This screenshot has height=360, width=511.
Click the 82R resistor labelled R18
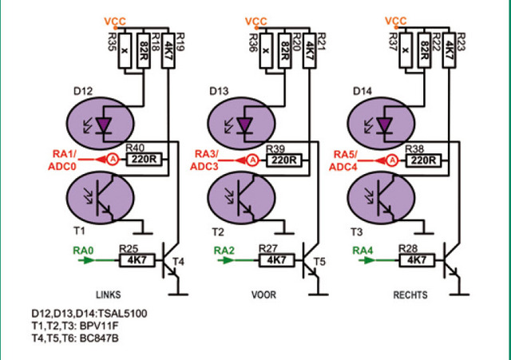point(144,50)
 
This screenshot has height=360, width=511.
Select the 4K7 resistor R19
point(168,50)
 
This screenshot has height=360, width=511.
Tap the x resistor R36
point(266,50)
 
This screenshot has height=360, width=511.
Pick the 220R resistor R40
point(144,160)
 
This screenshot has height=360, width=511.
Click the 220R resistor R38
point(424,160)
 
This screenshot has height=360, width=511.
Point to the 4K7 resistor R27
point(277,261)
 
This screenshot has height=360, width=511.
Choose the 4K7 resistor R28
point(417,261)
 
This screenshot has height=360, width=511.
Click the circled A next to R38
point(394,160)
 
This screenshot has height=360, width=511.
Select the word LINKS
point(109,295)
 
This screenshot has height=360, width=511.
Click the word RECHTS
point(410,295)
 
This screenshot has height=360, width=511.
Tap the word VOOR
point(263,295)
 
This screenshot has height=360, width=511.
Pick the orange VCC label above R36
point(255,22)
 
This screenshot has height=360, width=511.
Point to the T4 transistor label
point(179,261)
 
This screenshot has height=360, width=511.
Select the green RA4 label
point(362,251)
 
